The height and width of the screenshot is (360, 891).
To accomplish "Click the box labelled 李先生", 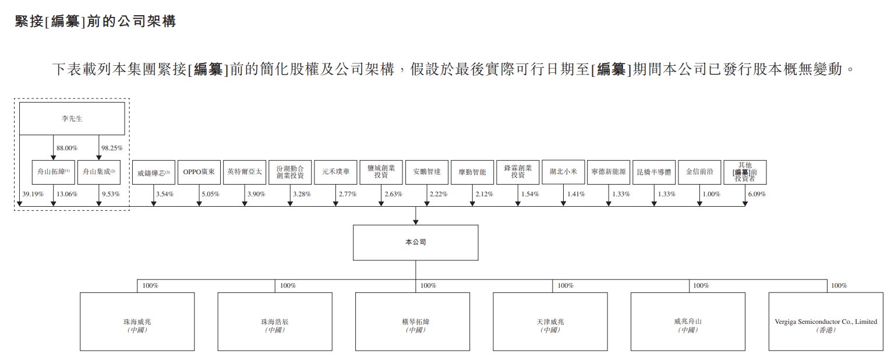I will coord(72,118).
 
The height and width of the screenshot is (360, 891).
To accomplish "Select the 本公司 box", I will coord(415,242).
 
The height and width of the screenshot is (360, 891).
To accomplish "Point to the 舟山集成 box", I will coord(99,172).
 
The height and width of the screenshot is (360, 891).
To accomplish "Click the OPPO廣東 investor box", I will coord(199,172).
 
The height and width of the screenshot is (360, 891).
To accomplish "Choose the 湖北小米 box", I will coord(563,172).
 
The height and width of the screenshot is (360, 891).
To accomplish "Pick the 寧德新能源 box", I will coord(609,172).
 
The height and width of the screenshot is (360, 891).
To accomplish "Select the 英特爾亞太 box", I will coord(244,172).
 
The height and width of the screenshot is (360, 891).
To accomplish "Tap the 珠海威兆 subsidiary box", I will coord(137,322).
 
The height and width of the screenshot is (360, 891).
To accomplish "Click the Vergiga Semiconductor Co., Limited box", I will coord(826,322).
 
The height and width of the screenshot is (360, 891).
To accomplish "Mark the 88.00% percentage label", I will coord(67,149).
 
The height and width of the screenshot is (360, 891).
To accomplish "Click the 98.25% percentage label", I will coord(112,149).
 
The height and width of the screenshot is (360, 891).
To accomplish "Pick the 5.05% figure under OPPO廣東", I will coord(210,194).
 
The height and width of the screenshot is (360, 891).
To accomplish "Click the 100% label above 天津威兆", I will coord(565,286).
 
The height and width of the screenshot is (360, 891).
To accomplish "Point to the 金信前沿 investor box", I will coord(699,172).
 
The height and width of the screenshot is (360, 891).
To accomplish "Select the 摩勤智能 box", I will coord(472,172).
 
